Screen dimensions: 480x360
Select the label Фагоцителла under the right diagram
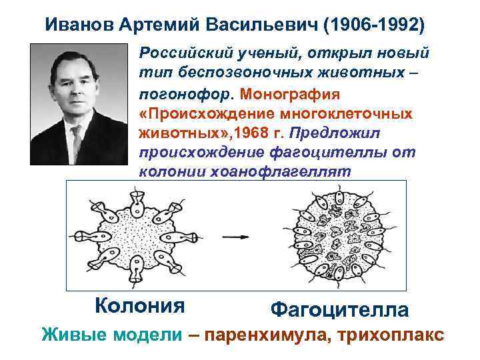pos(339,309)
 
